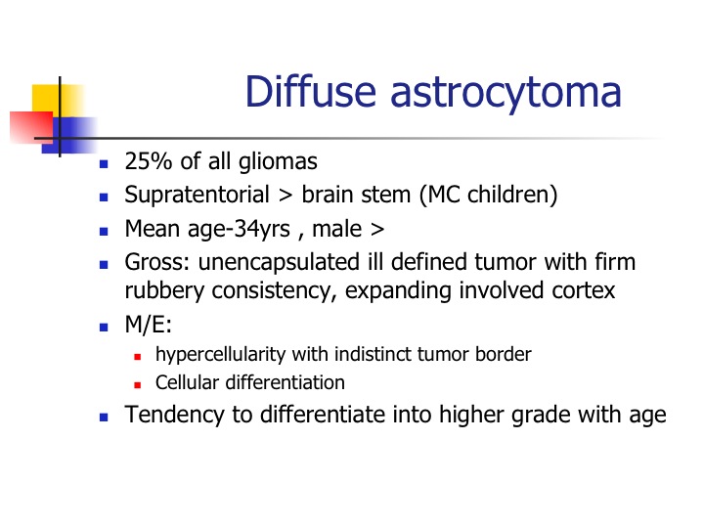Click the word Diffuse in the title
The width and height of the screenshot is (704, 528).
311,92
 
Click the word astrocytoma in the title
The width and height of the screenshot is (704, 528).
506,95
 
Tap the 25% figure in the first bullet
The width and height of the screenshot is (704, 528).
149,160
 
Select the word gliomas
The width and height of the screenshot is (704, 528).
278,161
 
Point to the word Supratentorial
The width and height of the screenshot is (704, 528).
197,195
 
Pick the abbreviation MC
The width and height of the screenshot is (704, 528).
445,195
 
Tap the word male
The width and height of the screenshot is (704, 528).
336,229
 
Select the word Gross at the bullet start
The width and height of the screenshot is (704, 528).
154,262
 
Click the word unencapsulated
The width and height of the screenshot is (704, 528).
279,263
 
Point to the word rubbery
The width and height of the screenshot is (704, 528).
164,291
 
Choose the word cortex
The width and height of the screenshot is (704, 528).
583,291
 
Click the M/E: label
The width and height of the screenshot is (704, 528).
149,325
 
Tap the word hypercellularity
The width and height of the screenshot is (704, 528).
220,355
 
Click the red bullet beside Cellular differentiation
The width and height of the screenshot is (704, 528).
138,385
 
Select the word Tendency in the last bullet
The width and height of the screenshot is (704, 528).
174,415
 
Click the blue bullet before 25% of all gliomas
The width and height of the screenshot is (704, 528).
104,164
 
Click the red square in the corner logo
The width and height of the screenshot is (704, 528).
31,127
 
